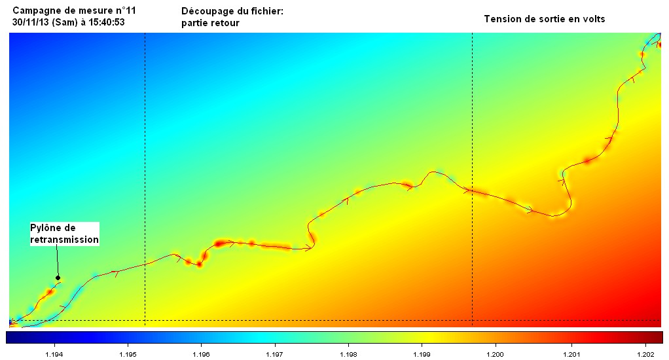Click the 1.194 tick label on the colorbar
click(54, 354)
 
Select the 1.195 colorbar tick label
click(128, 354)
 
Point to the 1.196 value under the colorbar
click(202, 354)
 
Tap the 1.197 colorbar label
click(275, 354)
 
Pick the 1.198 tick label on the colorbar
click(349, 354)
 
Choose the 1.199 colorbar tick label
click(422, 354)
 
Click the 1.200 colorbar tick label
click(496, 354)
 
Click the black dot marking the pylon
click(58, 278)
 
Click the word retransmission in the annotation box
click(64, 240)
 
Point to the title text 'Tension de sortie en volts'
click(544, 19)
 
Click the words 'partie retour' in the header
click(210, 23)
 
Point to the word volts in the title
click(592, 19)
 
